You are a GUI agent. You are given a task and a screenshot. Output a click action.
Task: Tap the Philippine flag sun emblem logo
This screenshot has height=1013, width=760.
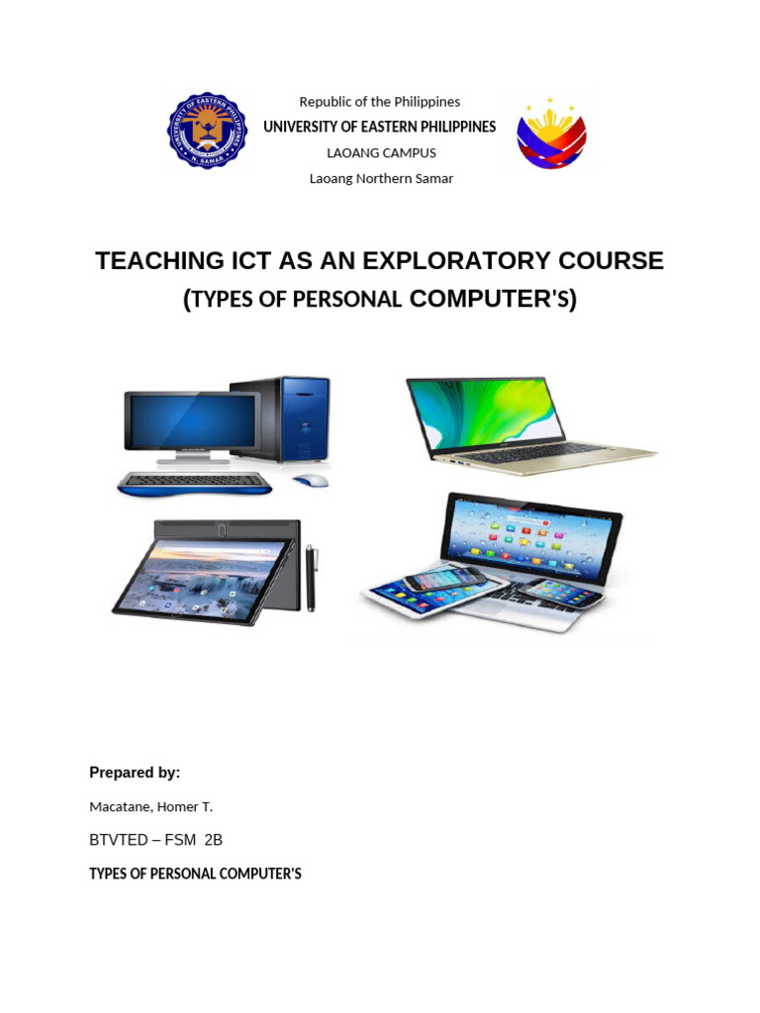(x=551, y=135)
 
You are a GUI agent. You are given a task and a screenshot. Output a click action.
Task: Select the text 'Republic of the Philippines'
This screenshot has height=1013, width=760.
(x=380, y=102)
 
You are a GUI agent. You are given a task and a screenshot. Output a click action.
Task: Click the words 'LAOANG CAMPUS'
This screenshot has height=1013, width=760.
(x=381, y=153)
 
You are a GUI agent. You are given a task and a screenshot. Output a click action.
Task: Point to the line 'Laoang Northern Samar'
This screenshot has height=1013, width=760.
(x=381, y=179)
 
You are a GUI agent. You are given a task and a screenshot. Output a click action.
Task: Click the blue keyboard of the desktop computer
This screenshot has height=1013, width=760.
(x=194, y=484)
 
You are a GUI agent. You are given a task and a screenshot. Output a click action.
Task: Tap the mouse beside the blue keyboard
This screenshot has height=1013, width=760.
(x=310, y=480)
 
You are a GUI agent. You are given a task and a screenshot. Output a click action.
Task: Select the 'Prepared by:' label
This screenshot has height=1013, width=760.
(x=135, y=773)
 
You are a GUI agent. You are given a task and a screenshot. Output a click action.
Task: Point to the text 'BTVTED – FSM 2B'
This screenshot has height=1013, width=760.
(x=155, y=840)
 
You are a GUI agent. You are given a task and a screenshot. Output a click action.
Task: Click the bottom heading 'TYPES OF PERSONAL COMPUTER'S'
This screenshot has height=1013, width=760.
(x=195, y=874)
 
